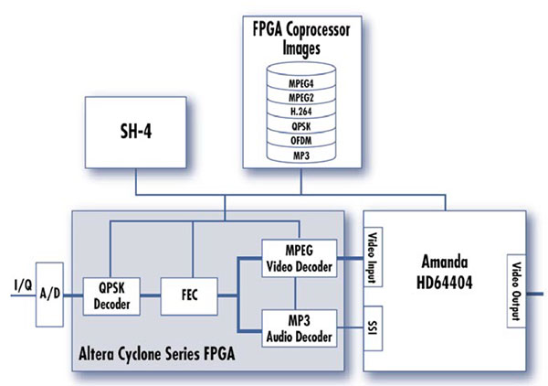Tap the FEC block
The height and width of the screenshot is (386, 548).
(192, 295)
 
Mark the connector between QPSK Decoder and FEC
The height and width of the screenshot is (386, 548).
(151, 295)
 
